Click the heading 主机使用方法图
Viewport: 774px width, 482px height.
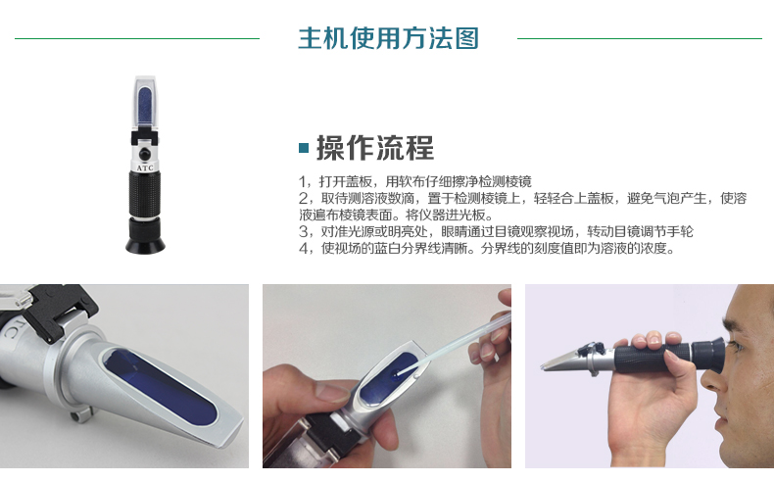point(389,38)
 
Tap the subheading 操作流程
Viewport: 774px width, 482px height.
point(375,148)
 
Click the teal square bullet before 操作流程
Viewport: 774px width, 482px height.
point(304,148)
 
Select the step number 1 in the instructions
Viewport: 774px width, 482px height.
point(303,182)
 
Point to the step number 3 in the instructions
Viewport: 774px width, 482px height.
point(304,231)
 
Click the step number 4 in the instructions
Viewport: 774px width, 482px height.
point(304,248)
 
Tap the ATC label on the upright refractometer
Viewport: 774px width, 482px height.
point(145,168)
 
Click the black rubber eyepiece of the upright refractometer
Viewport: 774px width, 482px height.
point(145,236)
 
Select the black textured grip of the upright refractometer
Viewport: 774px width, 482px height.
point(145,193)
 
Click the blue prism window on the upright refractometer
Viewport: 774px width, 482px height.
point(145,106)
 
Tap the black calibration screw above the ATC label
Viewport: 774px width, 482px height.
point(145,154)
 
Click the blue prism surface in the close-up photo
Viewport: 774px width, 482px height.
point(160,384)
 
